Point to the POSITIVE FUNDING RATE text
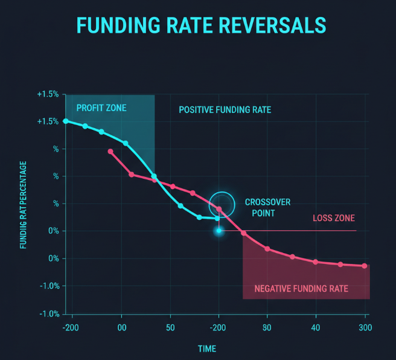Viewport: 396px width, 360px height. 225,110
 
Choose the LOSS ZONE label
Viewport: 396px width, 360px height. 333,218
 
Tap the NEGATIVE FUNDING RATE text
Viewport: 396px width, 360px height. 301,288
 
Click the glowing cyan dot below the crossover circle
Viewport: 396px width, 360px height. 219,231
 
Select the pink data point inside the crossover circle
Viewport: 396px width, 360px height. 219,209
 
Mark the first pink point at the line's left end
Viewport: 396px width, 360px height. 110,151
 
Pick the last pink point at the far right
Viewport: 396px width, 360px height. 365,266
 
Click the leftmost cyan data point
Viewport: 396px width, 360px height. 66,121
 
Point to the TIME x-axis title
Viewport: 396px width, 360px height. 206,349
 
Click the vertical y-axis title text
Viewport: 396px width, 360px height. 23,205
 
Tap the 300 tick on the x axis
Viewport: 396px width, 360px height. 364,328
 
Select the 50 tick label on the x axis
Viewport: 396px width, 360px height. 170,328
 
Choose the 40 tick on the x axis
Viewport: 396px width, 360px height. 316,328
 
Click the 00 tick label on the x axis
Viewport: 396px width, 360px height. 121,328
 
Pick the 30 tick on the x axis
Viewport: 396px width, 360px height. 267,328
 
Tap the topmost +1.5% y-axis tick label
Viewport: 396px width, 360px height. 48,95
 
